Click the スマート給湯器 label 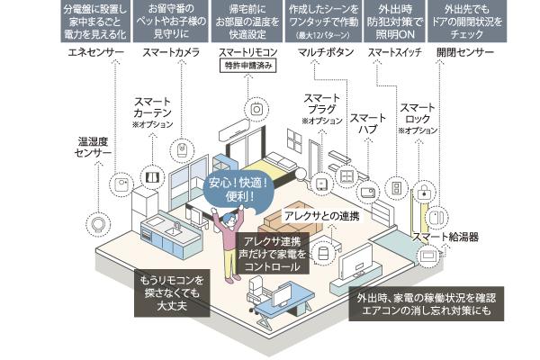pyautogui.click(x=445, y=237)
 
